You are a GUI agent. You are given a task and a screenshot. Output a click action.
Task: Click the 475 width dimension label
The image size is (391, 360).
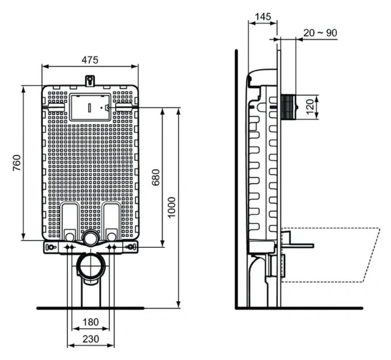coord(90,59)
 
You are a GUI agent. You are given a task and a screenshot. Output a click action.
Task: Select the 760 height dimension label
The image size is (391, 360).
coord(17,163)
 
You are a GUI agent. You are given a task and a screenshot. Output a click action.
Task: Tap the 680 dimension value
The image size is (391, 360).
coord(155,178)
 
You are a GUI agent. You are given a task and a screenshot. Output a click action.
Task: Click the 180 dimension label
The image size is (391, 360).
coord(90,322)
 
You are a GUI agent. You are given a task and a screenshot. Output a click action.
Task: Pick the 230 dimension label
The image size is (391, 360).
coord(90,339)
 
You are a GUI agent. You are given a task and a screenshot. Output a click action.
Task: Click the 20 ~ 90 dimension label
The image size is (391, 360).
coord(320,32)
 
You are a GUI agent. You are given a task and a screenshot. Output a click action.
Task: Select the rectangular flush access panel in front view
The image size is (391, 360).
coord(90,107)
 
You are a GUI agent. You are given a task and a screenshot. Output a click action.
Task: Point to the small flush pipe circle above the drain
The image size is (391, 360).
coord(91,238)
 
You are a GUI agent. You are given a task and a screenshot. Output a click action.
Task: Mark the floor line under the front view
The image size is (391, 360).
coord(90,308)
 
